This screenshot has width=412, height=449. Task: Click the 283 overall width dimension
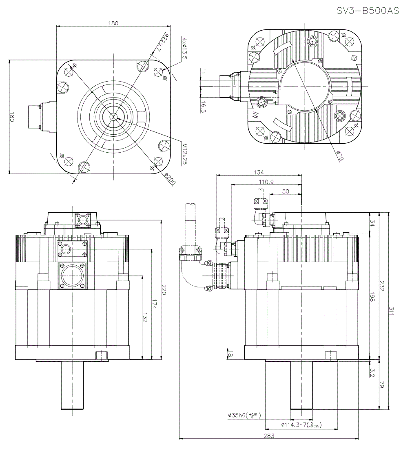click(x=268, y=436)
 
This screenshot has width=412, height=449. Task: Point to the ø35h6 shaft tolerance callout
click(x=244, y=416)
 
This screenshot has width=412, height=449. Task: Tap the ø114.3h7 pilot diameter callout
click(x=301, y=425)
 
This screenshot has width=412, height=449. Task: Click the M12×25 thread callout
click(x=185, y=153)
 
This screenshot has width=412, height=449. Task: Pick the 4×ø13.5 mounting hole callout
click(x=184, y=49)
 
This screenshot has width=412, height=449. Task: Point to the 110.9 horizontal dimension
click(x=266, y=182)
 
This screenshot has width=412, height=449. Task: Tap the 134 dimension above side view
click(x=259, y=172)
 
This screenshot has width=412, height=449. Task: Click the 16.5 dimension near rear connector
click(x=203, y=107)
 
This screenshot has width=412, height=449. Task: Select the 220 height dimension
click(x=163, y=290)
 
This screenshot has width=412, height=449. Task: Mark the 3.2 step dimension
click(x=372, y=372)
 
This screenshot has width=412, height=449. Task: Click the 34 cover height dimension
click(x=372, y=224)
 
